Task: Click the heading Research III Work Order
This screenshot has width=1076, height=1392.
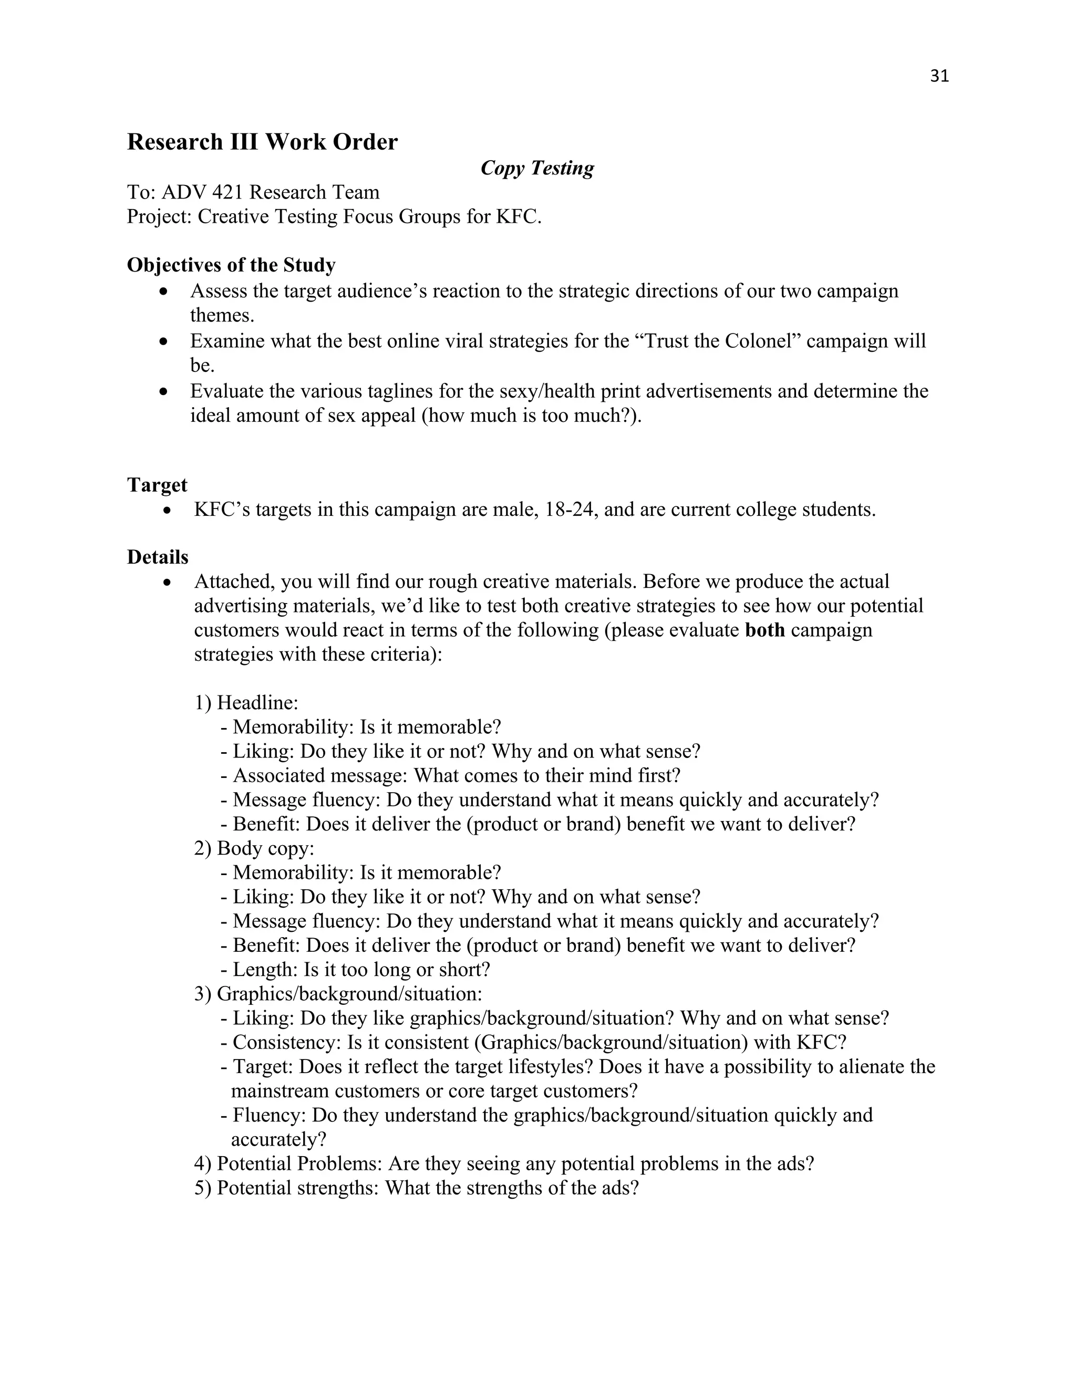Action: [262, 141]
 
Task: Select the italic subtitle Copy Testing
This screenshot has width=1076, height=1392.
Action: [537, 168]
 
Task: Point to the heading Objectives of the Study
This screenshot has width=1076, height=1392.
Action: [231, 265]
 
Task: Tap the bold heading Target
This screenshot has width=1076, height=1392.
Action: [157, 485]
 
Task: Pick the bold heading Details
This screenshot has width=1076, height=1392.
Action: [158, 557]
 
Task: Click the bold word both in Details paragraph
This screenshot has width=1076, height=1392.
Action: [764, 630]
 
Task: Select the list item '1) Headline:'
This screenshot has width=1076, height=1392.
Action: [246, 703]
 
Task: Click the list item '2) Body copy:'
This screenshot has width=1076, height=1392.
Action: [254, 848]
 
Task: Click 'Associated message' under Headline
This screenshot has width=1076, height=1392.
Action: [320, 776]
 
